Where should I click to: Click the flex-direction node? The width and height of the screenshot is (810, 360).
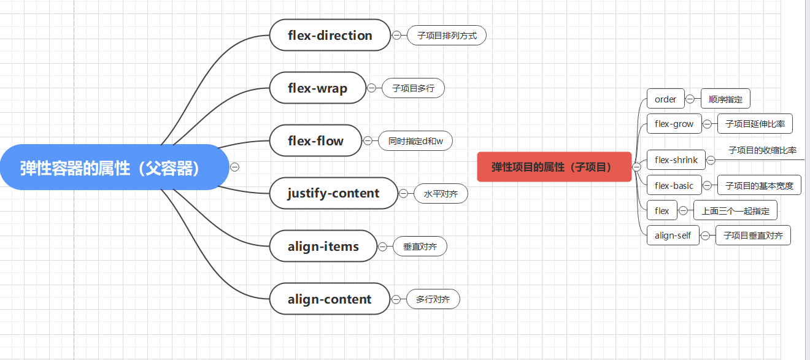click(x=330, y=36)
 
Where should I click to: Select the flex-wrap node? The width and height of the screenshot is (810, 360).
click(x=317, y=88)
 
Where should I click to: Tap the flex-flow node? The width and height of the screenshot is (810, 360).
click(x=315, y=141)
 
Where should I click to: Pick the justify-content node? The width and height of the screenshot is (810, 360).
click(x=333, y=194)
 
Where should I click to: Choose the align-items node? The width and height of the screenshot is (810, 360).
click(x=323, y=247)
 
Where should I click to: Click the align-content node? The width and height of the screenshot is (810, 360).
click(x=330, y=299)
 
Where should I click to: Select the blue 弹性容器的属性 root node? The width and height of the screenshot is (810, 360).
click(x=114, y=167)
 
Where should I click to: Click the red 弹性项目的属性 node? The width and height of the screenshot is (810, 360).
click(x=554, y=167)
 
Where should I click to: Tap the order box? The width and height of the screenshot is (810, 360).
click(x=665, y=99)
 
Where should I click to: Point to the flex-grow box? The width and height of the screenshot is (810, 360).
click(x=674, y=124)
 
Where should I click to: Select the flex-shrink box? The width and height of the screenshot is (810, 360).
click(x=676, y=160)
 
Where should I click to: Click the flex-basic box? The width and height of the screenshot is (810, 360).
click(x=674, y=185)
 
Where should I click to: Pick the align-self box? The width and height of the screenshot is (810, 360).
click(x=673, y=236)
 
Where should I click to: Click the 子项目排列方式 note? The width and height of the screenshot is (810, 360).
click(x=447, y=36)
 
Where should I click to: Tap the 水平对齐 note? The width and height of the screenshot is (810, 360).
click(x=441, y=194)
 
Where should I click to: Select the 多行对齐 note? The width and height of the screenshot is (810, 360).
click(x=433, y=299)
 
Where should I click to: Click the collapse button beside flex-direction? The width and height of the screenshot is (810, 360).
click(x=396, y=36)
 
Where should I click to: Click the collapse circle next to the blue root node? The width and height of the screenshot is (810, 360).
click(x=234, y=167)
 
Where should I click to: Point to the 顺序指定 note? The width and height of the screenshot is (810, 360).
click(x=725, y=99)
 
